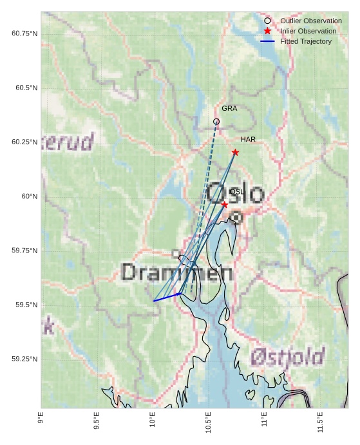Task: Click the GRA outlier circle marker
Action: (216, 121)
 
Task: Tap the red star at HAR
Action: (235, 152)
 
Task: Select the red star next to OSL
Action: (224, 204)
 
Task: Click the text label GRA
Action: (229, 108)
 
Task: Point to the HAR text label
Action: (248, 139)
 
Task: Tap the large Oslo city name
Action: (236, 194)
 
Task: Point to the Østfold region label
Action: (288, 356)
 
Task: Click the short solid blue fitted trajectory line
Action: (166, 297)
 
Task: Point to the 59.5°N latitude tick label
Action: (26, 305)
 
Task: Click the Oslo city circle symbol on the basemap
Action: (236, 218)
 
